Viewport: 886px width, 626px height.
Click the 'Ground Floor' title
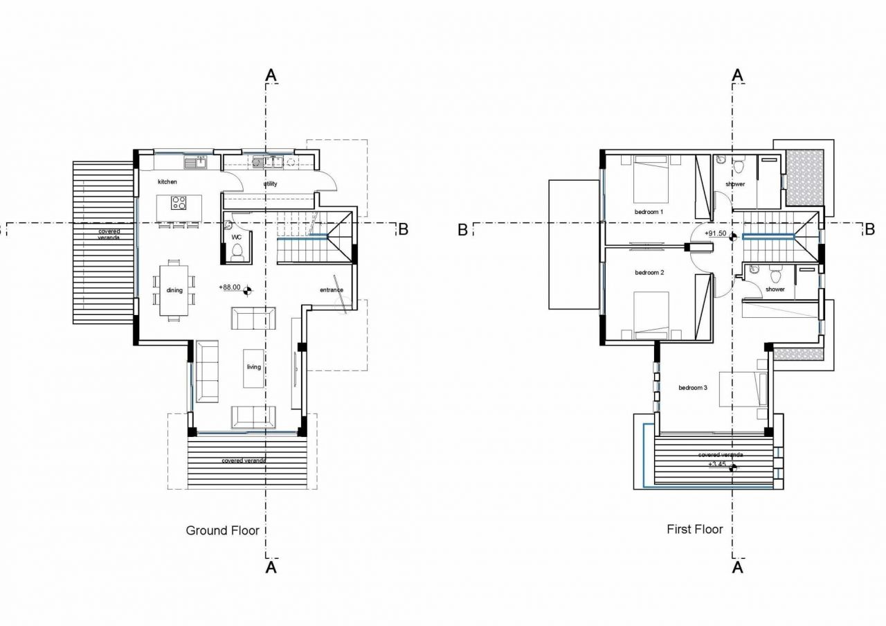[x=222, y=530]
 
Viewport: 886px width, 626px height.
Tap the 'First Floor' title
[x=694, y=529]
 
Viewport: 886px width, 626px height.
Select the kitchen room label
[x=168, y=181]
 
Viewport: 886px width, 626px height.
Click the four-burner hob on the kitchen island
[x=179, y=203]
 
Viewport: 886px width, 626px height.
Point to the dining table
[x=173, y=290]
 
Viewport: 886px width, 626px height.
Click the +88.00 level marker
[x=229, y=287]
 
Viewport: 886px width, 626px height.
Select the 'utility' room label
[x=270, y=184]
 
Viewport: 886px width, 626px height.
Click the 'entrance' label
[x=332, y=289]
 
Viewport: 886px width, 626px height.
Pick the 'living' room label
[x=254, y=366]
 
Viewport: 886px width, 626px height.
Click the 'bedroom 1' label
[x=649, y=211]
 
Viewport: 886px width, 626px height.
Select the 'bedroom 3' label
[x=692, y=388]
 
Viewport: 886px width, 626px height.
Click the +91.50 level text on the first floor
[x=715, y=233]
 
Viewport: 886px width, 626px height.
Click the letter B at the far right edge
[x=870, y=229]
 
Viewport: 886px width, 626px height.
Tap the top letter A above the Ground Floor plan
[x=271, y=75]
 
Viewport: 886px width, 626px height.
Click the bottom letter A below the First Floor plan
[x=738, y=567]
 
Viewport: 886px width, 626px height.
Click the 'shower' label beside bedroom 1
[x=735, y=184]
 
